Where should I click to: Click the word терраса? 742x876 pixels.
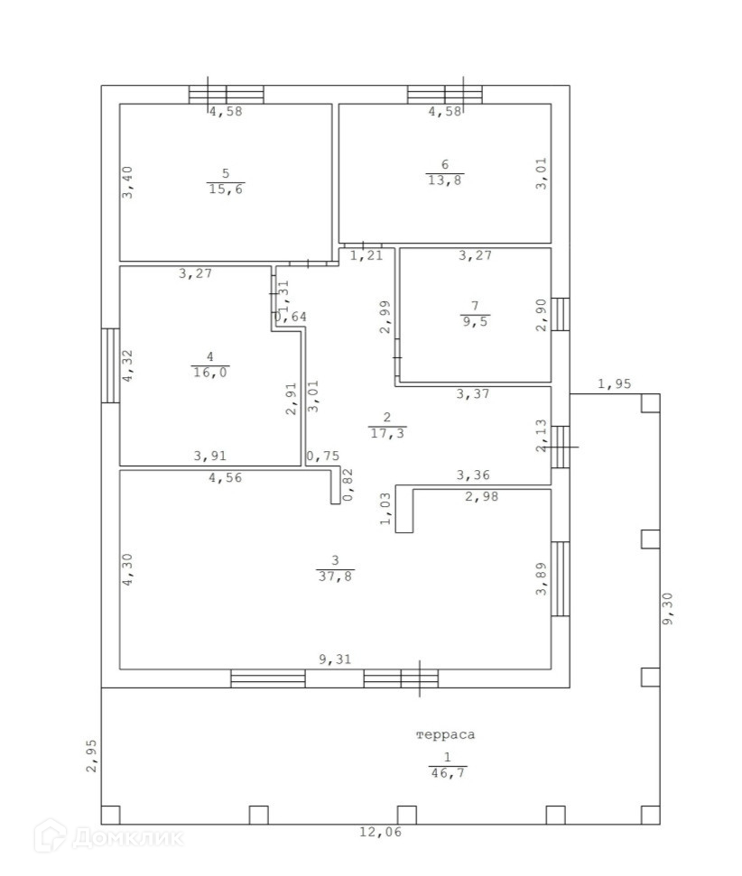[x=445, y=734]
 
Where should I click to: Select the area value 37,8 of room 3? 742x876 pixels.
[x=335, y=576]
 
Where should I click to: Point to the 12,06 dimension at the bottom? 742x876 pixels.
[x=382, y=832]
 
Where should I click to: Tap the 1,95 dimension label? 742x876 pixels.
[x=615, y=384]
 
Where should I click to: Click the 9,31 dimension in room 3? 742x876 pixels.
[x=335, y=659]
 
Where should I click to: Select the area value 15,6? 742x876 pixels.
[x=225, y=189]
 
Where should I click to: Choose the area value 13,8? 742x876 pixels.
[x=444, y=180]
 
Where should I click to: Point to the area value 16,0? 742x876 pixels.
[x=209, y=371]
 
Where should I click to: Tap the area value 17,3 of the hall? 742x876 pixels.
[x=387, y=433]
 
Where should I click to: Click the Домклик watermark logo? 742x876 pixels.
[x=107, y=836]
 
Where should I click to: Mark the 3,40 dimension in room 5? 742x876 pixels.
[x=128, y=181]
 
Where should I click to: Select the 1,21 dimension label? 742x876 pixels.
[x=366, y=256]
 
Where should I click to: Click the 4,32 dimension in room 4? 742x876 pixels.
[x=128, y=366]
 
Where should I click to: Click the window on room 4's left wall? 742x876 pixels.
[x=110, y=365]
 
